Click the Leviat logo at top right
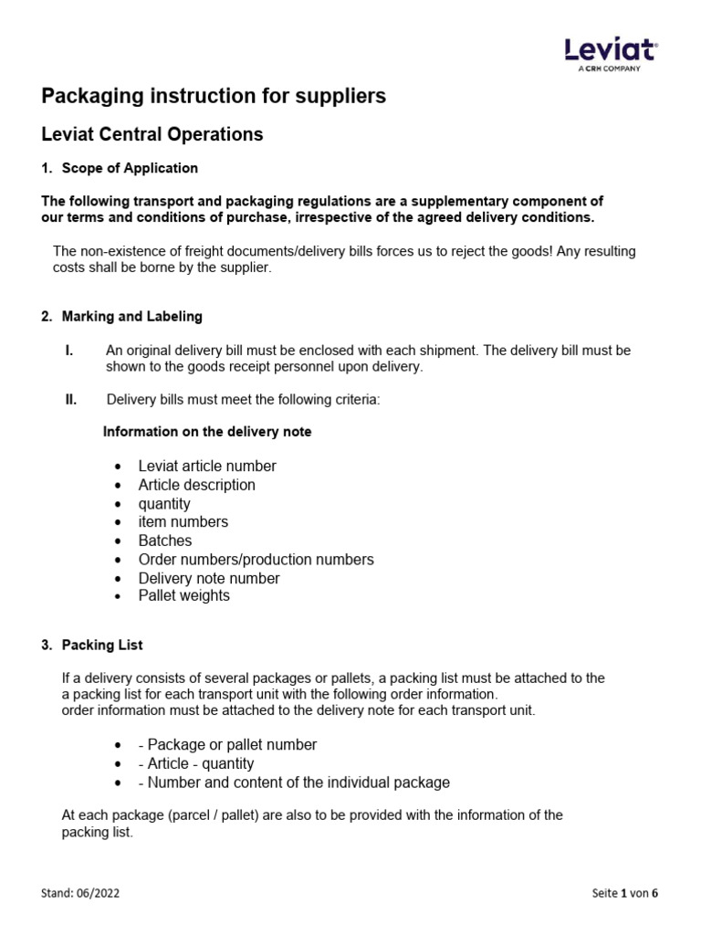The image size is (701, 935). coord(611,54)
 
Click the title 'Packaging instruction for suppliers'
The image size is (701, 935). coord(214,96)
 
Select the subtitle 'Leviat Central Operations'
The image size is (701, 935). coord(152,134)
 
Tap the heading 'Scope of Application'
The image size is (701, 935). coord(130,168)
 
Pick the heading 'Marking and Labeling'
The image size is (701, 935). coord(131,317)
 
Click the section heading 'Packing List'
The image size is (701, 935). coord(102,645)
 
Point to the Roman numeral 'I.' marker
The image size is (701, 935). coord(68,351)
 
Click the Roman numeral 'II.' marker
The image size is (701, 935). coord(70,399)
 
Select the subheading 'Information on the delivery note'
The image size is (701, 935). coord(207,432)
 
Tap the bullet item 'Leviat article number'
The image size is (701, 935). coord(206,466)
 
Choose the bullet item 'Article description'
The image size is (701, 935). coord(196,485)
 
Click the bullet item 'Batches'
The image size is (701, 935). coord(165,541)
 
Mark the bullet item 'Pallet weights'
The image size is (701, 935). coord(183,595)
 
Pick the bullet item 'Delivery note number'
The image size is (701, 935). coord(209,578)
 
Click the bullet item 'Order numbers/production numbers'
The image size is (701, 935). coord(256,559)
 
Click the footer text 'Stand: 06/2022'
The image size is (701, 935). coord(81,893)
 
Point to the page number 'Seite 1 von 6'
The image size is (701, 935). coord(624,893)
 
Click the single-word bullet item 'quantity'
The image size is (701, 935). coord(164,504)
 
